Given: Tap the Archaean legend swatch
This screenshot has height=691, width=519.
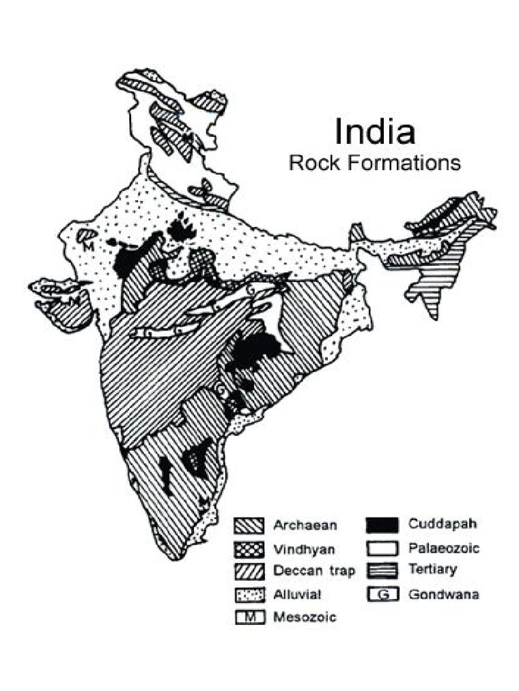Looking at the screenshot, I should [x=249, y=526].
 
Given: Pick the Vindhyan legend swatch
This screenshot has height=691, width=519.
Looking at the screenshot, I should [x=249, y=549].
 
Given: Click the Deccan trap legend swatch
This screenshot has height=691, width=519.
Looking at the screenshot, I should [x=249, y=572].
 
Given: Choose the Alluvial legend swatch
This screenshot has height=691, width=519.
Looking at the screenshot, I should [x=249, y=595].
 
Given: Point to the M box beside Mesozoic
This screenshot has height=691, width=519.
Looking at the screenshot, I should [x=249, y=617].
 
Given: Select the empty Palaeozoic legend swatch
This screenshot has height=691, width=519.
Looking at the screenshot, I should [x=382, y=548].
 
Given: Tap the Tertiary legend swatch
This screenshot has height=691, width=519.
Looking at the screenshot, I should [x=382, y=571].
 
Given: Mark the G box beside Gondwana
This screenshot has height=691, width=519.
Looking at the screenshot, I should [x=382, y=595].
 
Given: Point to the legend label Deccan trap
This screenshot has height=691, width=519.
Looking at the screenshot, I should [x=314, y=572].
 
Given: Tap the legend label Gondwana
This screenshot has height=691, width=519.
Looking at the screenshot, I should [x=443, y=595].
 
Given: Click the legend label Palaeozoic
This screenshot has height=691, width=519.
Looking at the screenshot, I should [x=443, y=548].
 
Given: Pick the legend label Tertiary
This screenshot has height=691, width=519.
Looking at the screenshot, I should [x=432, y=570].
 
